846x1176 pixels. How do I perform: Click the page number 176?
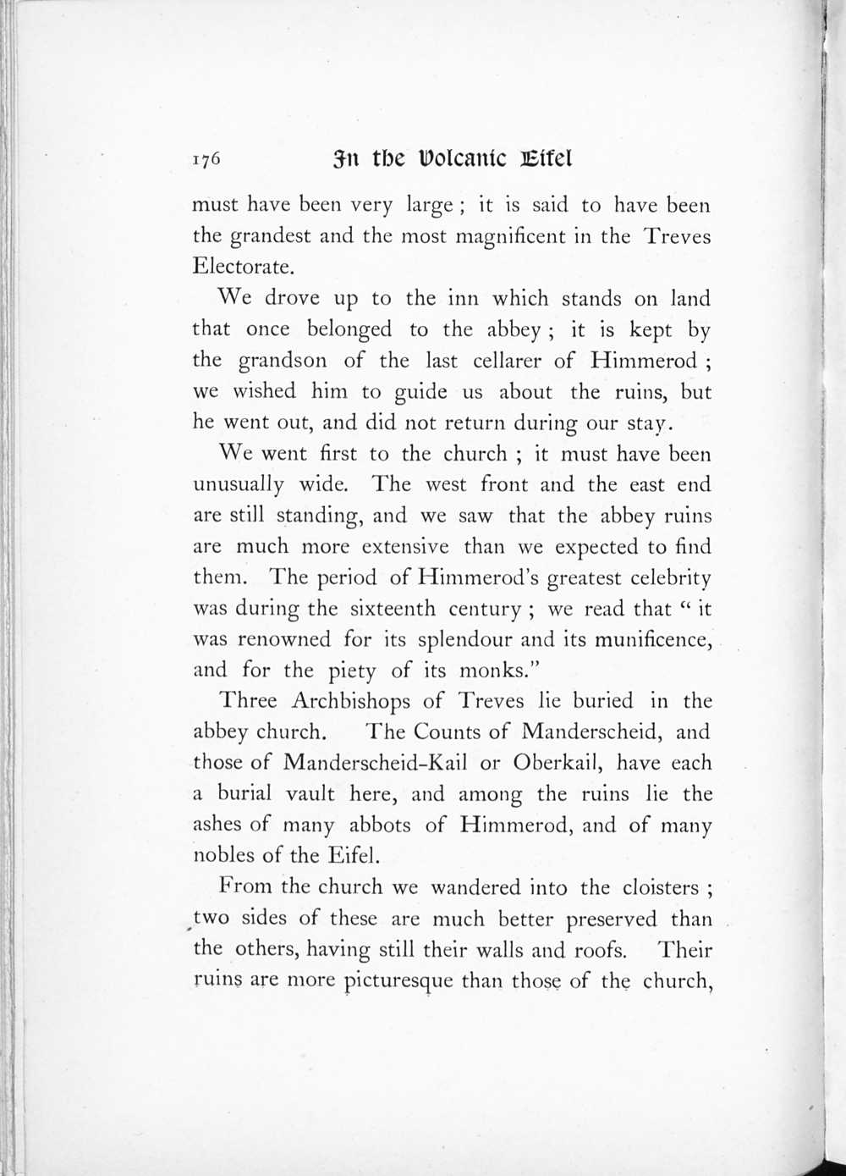point(206,159)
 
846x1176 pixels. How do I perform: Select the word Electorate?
point(244,267)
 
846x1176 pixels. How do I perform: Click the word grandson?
point(283,361)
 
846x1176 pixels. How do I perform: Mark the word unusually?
point(239,485)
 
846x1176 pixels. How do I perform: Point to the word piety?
point(352,671)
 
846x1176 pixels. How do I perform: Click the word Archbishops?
point(351,701)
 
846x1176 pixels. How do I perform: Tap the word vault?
point(312,794)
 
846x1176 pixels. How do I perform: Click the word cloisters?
point(661,887)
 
